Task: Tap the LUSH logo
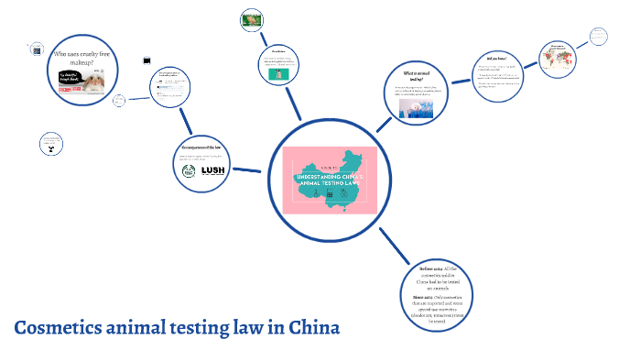click(212, 170)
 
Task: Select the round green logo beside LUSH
click(188, 170)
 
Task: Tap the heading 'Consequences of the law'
click(201, 148)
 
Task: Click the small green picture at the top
click(251, 17)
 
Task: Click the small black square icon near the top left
click(147, 60)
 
